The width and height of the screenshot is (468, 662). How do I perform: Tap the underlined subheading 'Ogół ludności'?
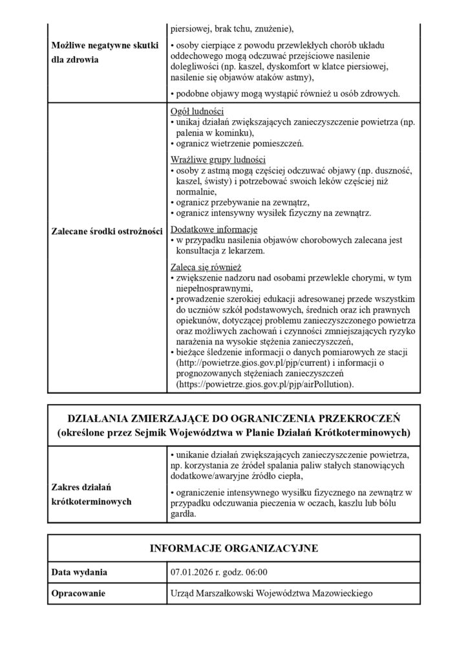point(197,111)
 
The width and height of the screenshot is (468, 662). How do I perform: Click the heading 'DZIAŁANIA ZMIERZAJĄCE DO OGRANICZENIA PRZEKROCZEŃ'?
point(234,417)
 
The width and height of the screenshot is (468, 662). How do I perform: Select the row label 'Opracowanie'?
point(78,593)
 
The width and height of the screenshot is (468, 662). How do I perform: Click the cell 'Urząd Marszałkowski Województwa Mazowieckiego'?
point(271,593)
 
